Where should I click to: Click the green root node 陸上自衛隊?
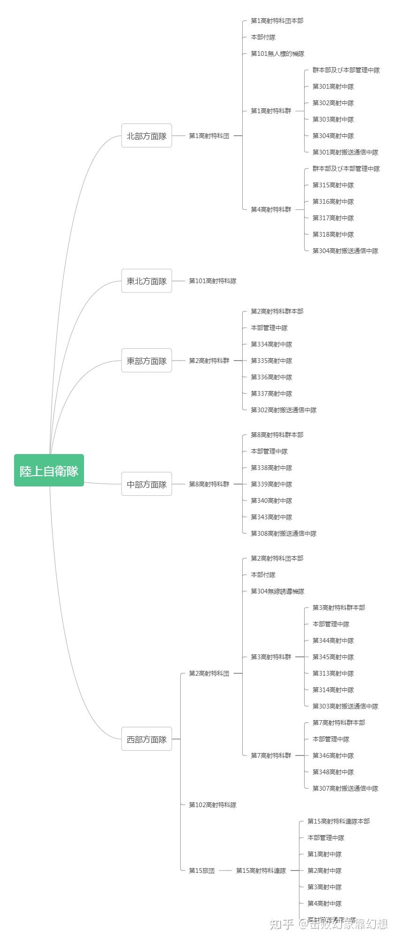click(49, 470)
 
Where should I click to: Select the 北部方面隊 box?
click(146, 136)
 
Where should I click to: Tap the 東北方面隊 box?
click(146, 281)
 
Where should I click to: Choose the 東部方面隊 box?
click(146, 361)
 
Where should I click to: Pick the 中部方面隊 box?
click(146, 484)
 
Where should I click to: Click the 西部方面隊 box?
click(146, 739)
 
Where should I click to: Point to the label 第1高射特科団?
click(209, 136)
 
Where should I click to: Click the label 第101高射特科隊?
click(213, 281)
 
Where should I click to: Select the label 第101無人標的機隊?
click(277, 54)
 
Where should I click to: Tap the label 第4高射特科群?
click(271, 209)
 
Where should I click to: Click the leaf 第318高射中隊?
click(333, 234)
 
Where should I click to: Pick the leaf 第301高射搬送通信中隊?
click(345, 152)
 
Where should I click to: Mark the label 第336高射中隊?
click(271, 377)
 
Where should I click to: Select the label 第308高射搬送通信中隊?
click(283, 533)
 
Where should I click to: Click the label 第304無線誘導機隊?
click(277, 591)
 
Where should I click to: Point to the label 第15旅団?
click(202, 871)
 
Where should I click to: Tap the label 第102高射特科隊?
click(213, 805)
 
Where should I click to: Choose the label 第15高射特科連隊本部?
click(338, 821)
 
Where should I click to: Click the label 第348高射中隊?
click(333, 772)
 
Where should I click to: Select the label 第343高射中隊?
click(271, 517)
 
